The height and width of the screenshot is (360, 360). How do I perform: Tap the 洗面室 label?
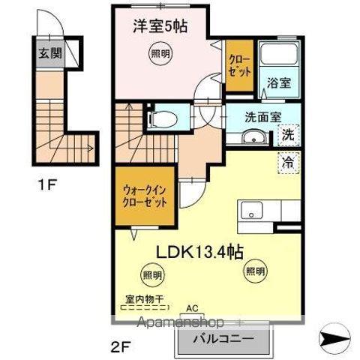(263, 116)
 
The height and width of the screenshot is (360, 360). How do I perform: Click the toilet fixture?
(163, 118)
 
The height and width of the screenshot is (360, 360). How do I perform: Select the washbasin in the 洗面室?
(254, 136)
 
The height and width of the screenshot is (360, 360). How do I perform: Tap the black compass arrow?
(334, 340)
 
